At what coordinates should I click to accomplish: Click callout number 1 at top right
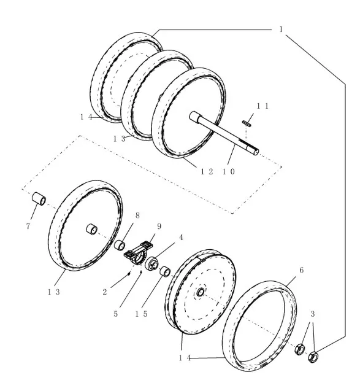(x=281, y=29)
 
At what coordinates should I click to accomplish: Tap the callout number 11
(x=262, y=106)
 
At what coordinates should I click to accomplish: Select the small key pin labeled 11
(x=247, y=123)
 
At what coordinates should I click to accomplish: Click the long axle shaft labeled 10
(x=224, y=133)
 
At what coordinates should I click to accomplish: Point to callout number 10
(x=229, y=171)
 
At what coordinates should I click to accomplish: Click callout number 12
(x=207, y=171)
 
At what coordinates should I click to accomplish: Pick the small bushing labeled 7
(x=39, y=199)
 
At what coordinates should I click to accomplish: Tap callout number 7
(x=28, y=227)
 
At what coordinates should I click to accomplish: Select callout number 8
(x=137, y=215)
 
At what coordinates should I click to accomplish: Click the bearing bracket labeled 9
(x=138, y=254)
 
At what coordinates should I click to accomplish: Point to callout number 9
(x=159, y=227)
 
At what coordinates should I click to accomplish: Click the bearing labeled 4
(x=151, y=263)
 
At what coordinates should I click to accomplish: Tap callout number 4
(x=181, y=238)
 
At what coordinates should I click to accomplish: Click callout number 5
(x=115, y=314)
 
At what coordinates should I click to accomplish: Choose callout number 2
(x=105, y=292)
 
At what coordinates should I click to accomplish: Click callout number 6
(x=301, y=270)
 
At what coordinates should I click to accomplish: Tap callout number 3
(x=313, y=314)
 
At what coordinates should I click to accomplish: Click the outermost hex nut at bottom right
(x=313, y=357)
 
